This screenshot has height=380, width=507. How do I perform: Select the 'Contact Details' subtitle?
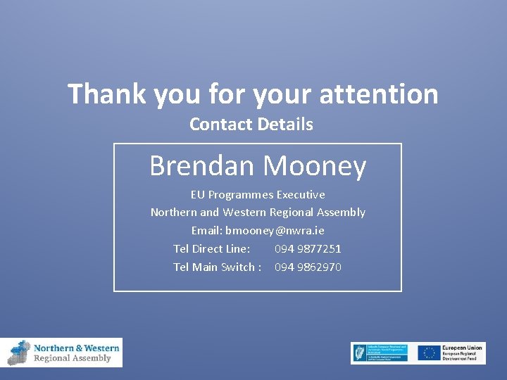click(x=251, y=125)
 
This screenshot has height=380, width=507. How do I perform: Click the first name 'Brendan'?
click(x=201, y=166)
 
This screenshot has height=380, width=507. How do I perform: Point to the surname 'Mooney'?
click(x=315, y=166)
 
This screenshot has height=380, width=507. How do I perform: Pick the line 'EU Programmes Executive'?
click(x=258, y=194)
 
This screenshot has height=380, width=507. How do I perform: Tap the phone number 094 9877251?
click(x=308, y=248)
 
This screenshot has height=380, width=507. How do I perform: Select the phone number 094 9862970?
click(x=308, y=267)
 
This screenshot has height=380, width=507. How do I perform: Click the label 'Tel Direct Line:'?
click(x=212, y=248)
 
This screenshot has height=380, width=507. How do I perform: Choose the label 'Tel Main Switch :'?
click(x=218, y=267)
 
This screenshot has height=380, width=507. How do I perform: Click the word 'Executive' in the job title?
click(x=301, y=194)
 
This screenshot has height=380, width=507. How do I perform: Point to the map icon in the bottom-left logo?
click(x=20, y=353)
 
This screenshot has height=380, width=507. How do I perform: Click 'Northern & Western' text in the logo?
click(x=77, y=348)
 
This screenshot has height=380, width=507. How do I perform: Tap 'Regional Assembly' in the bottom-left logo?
click(x=73, y=358)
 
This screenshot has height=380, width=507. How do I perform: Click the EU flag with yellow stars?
click(x=429, y=353)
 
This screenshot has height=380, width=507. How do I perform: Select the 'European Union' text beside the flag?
click(x=463, y=348)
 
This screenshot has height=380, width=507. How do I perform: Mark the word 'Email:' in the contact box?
click(x=207, y=230)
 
